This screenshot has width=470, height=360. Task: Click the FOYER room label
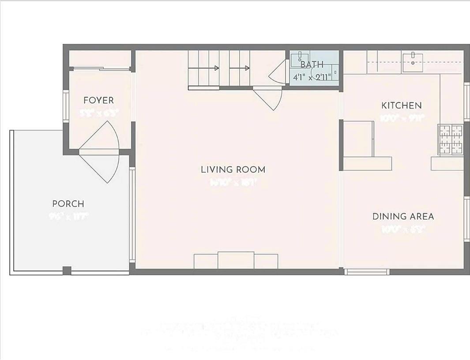(98, 101)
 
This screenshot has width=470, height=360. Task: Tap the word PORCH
(68, 204)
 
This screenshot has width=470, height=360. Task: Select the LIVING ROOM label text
(233, 169)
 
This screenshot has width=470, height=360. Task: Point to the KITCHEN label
(401, 105)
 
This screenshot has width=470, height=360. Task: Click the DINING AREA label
(403, 216)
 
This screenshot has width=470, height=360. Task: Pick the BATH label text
(312, 65)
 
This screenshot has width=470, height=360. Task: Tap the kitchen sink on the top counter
(412, 60)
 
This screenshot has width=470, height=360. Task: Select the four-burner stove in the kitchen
(450, 139)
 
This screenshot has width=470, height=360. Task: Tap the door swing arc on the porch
(102, 166)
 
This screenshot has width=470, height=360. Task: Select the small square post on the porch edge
(67, 270)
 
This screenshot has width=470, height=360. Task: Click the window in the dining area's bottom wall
(367, 272)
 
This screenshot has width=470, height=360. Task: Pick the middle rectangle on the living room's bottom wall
(236, 260)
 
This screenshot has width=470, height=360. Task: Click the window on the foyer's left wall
(66, 106)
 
